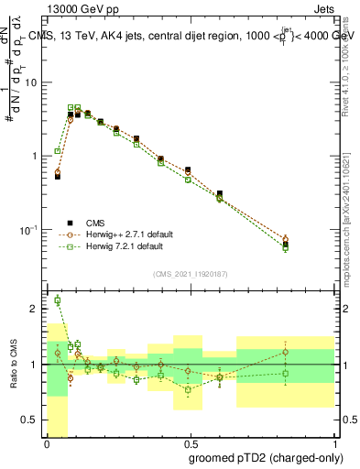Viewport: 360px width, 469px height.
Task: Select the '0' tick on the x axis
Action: click(46, 444)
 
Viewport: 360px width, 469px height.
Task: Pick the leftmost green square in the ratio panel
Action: click(58, 300)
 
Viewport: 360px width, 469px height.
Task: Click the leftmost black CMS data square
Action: click(58, 176)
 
